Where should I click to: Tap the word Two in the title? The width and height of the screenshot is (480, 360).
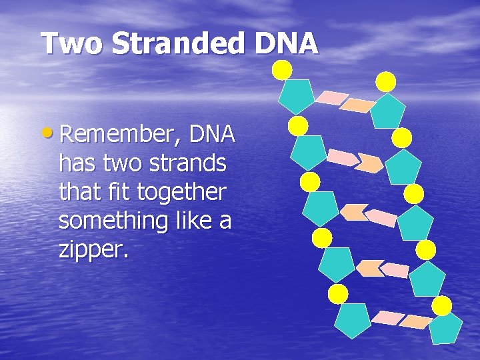coord(71,44)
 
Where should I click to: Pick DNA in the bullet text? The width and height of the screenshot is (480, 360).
coord(212,135)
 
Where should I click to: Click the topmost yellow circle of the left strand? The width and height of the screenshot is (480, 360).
coord(281,69)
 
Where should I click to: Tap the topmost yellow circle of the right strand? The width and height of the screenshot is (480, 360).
coord(386,81)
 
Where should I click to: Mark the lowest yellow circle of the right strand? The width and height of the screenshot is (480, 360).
coord(441,305)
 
